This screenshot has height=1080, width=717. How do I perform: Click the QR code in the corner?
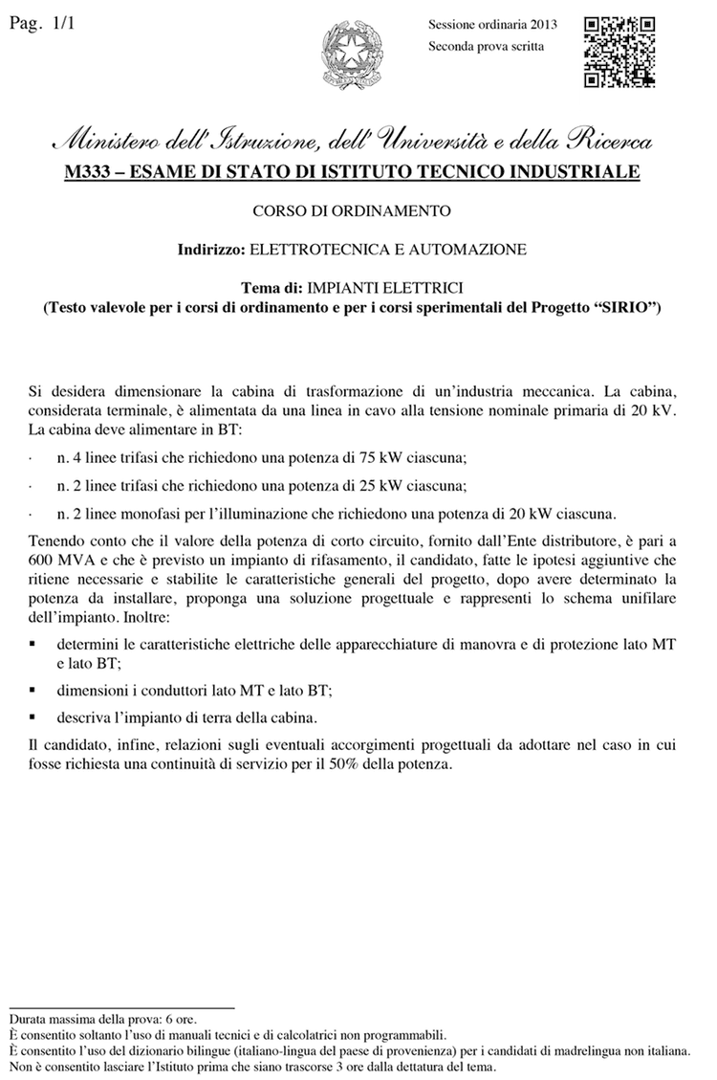[x=619, y=52]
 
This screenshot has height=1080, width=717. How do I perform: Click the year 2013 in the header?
[x=542, y=24]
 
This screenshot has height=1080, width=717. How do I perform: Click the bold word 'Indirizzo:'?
[x=211, y=249]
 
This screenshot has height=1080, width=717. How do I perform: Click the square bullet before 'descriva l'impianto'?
[x=33, y=715]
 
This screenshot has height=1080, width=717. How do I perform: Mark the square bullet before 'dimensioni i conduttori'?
[x=33, y=688]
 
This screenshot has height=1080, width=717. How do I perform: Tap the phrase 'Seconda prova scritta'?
[x=487, y=45]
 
